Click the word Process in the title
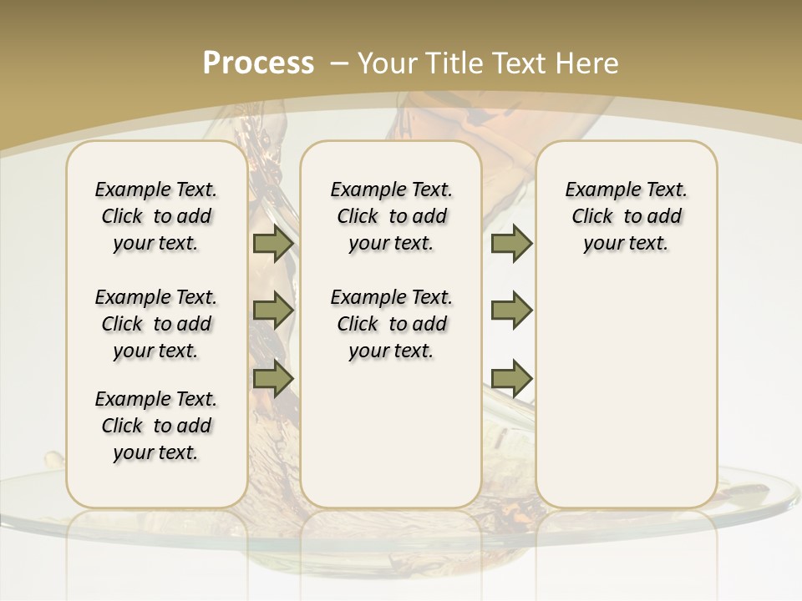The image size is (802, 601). [x=258, y=63]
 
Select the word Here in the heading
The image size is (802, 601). [x=588, y=63]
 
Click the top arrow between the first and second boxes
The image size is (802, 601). [x=273, y=244]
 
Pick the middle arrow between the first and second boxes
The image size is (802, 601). [x=273, y=311]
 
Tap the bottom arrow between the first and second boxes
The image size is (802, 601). [x=273, y=377]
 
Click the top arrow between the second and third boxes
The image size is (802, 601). [x=511, y=244]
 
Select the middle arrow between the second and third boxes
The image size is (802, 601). [x=511, y=311]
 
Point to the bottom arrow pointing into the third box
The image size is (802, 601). [x=511, y=377]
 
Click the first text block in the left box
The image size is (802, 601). [x=156, y=216]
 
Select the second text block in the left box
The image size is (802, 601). [x=156, y=324]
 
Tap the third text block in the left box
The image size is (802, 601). [x=156, y=426]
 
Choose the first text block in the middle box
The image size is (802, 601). [x=392, y=216]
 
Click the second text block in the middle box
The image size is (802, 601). [x=392, y=324]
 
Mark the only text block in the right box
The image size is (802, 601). [x=627, y=216]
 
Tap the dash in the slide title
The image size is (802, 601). [x=340, y=63]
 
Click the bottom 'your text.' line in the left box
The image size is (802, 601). [x=156, y=452]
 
